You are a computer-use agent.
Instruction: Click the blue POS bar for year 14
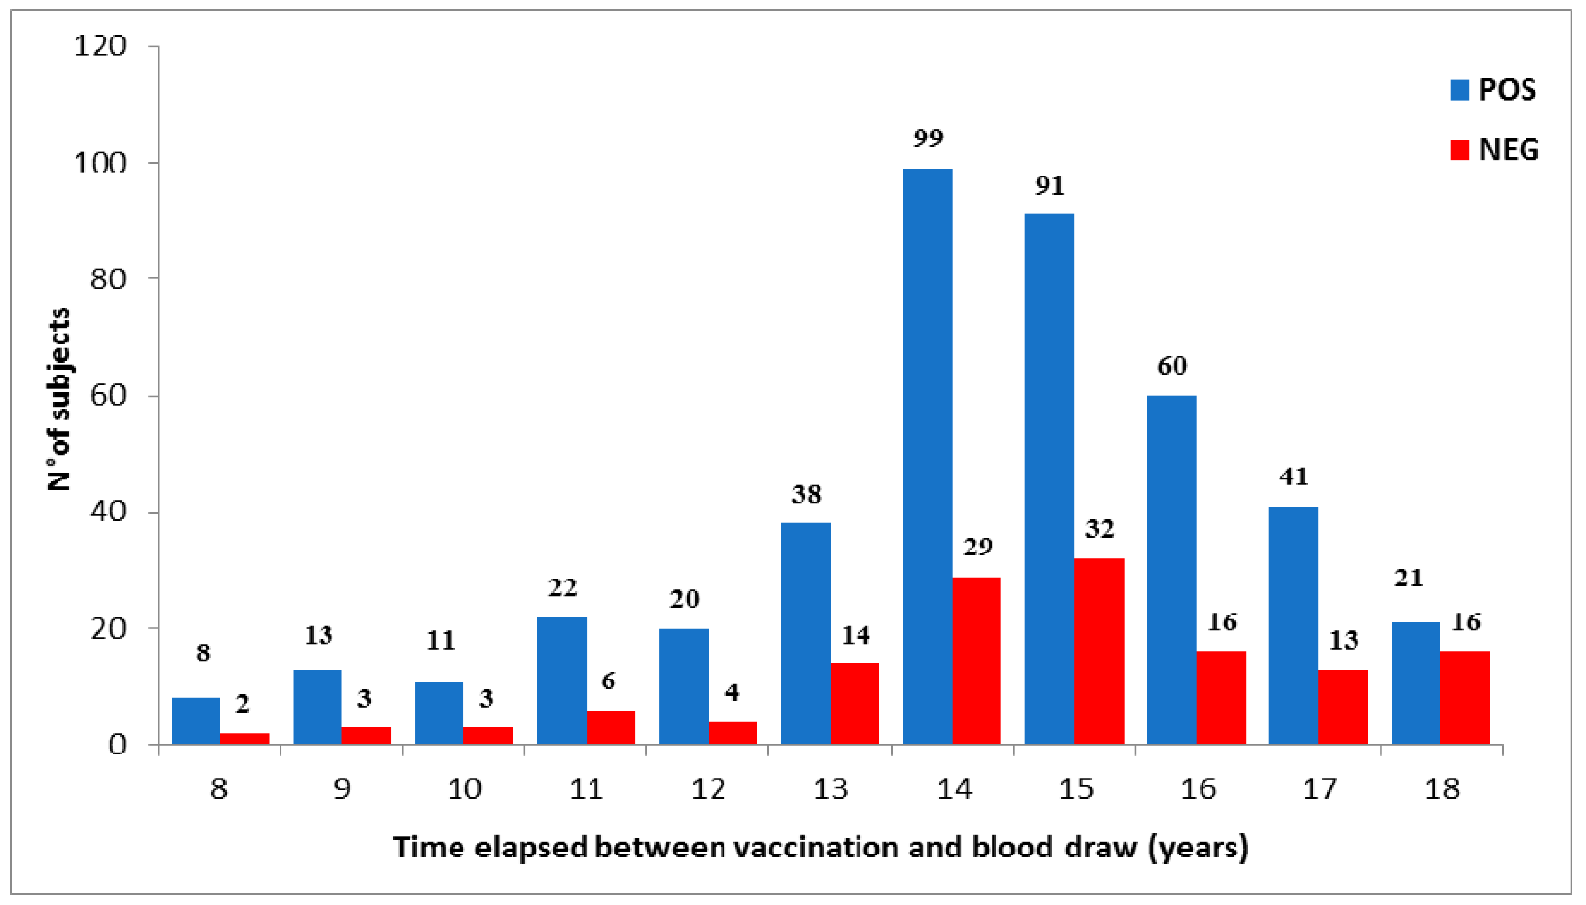[927, 457]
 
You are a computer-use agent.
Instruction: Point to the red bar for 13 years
[854, 703]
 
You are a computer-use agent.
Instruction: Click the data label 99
[927, 138]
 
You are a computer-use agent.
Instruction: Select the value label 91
[1049, 186]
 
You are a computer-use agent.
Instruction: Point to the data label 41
[1293, 477]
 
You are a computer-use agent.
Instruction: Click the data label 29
[977, 547]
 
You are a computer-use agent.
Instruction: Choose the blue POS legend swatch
[1459, 90]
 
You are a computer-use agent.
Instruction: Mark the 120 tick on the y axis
[100, 47]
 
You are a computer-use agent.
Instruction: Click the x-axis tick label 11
[586, 789]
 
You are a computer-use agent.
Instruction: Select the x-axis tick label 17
[1319, 789]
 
